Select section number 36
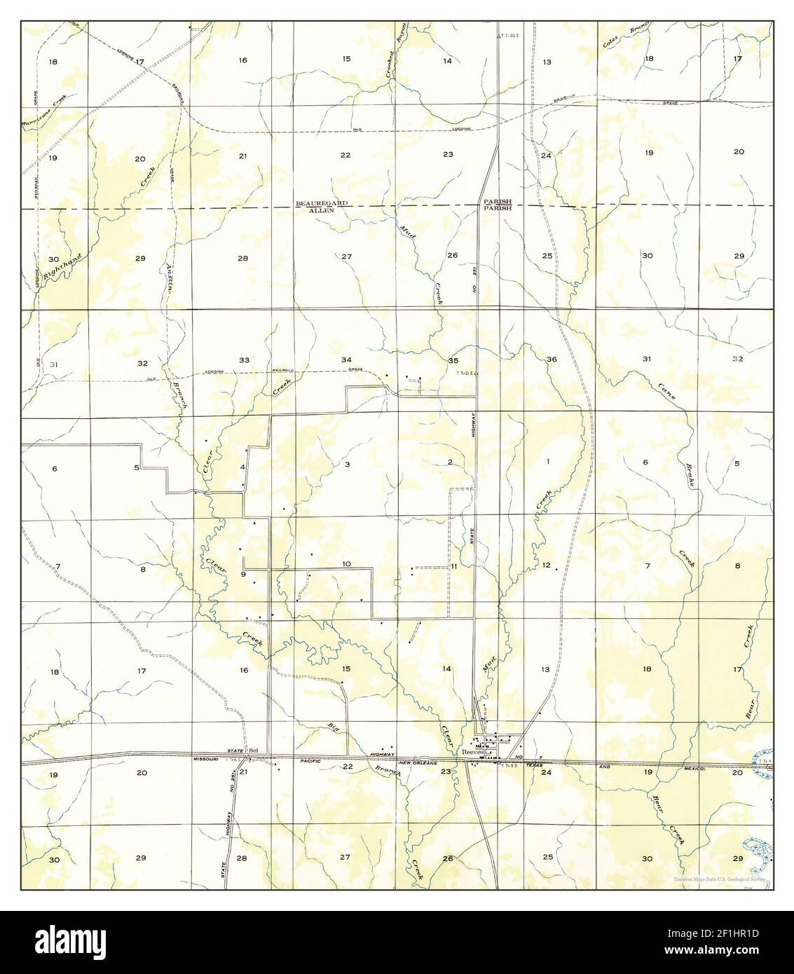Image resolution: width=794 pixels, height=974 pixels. (552, 359)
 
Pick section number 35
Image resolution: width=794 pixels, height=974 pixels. (453, 360)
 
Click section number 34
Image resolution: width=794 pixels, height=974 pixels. (346, 360)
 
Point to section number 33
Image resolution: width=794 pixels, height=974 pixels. (244, 360)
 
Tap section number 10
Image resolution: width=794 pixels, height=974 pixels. (346, 564)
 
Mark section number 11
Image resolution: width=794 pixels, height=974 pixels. (454, 566)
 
